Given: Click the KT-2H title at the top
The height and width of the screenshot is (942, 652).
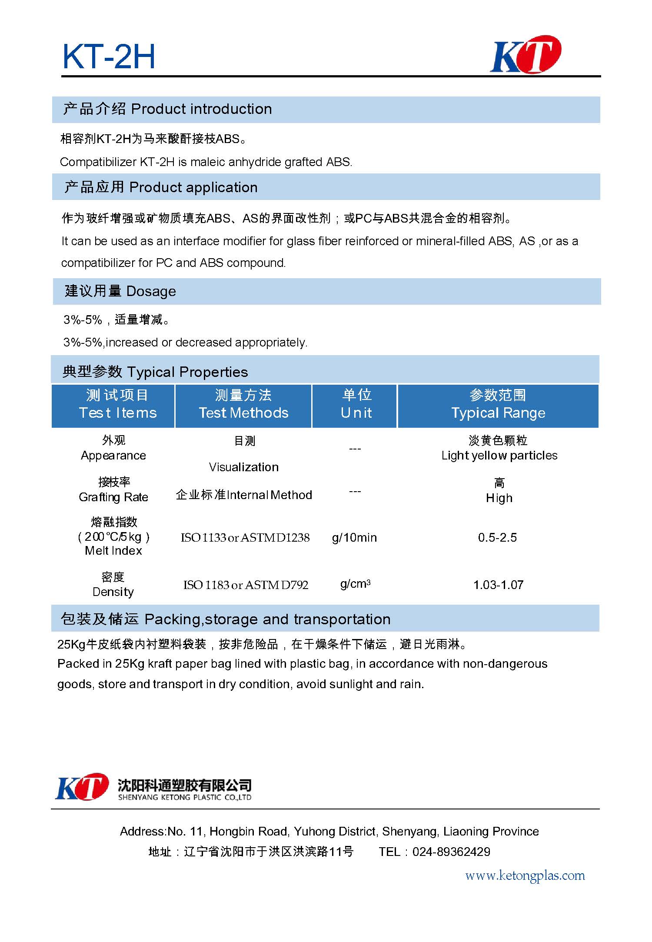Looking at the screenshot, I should [109, 57].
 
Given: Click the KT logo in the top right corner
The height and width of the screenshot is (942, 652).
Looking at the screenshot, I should [526, 54].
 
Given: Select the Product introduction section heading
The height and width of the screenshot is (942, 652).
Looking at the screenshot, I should [167, 109].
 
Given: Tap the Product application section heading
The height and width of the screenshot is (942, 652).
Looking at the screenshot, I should [161, 187].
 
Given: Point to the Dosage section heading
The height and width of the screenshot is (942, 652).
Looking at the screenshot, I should [120, 291].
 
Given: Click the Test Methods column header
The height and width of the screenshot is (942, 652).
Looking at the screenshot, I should [243, 405].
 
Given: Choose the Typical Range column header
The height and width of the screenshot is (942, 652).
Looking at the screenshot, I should [498, 405].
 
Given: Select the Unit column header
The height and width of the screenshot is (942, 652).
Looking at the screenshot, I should [356, 405].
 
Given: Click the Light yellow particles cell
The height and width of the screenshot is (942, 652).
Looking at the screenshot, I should [499, 456].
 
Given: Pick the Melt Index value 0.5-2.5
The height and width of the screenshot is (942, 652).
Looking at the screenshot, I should [497, 538].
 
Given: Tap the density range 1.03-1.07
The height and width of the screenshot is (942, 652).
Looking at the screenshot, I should [498, 585].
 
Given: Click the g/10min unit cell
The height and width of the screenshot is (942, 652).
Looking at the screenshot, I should [354, 538].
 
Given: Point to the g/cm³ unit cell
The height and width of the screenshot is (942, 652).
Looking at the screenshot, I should [355, 584].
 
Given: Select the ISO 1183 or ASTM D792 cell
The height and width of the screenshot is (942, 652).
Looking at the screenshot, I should [246, 585].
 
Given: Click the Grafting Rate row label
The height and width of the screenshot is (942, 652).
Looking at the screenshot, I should [113, 497].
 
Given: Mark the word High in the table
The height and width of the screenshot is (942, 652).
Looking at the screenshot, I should [499, 498].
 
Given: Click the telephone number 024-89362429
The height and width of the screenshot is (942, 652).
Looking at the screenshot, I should [451, 852].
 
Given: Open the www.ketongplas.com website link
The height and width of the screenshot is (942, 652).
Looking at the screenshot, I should [525, 875].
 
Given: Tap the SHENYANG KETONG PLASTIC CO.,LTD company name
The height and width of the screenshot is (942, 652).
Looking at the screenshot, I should [185, 797].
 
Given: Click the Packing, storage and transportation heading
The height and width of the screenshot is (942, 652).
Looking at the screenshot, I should [226, 619].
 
